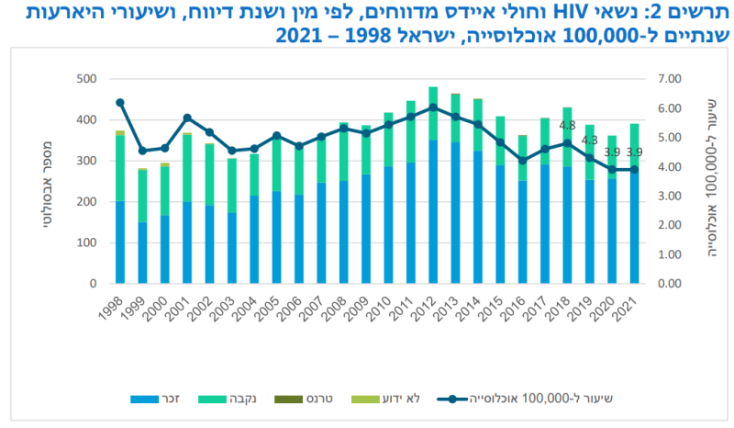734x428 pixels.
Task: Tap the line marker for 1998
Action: tap(120, 103)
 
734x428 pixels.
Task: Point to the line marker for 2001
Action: tap(187, 118)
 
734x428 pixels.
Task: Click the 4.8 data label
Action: tap(567, 126)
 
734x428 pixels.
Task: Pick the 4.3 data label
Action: tap(590, 141)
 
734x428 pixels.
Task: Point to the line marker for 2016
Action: tap(523, 161)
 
